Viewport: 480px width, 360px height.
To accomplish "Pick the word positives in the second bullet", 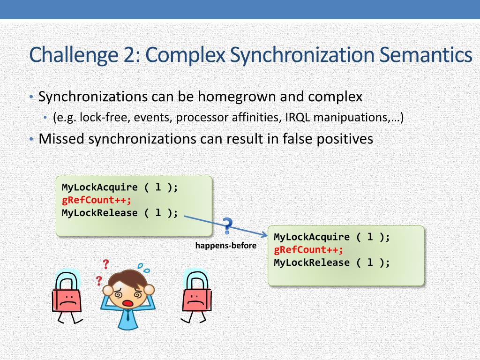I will click(x=346, y=139).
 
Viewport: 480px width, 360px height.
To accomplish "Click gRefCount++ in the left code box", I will click(x=97, y=200).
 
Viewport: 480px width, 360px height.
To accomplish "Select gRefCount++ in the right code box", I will click(x=308, y=250).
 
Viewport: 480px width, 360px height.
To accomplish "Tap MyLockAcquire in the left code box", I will click(x=100, y=187).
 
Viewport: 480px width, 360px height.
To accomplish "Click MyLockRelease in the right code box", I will click(x=312, y=262).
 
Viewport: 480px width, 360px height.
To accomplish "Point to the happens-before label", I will click(x=226, y=246).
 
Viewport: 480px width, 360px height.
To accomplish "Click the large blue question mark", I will click(x=227, y=226).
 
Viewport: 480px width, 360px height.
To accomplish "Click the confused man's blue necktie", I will click(x=127, y=318).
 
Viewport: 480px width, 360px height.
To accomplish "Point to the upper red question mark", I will click(x=106, y=265).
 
